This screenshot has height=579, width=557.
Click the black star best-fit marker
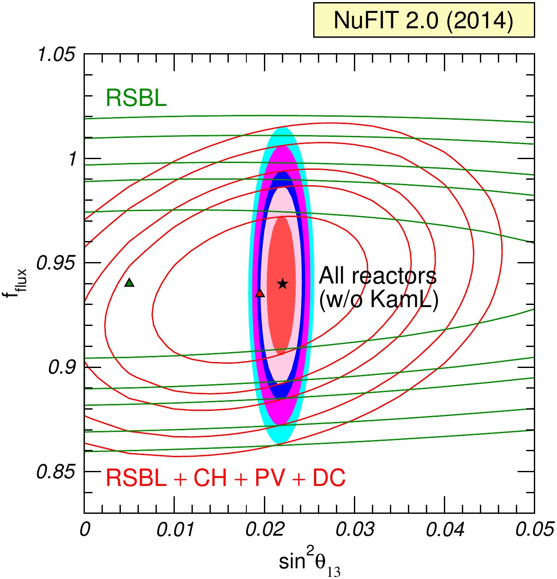pos(283,284)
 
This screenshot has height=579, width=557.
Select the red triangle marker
pos(260,293)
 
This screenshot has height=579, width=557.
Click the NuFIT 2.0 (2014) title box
pos(424,20)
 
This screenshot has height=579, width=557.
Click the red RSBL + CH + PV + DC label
pos(226,477)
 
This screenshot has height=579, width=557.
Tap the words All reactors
pos(378,276)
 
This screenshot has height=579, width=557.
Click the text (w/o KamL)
pos(378,302)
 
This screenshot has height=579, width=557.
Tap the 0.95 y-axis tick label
pos(55,263)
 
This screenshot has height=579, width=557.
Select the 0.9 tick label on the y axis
pos(61,368)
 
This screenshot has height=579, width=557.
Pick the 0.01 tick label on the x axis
pos(175,530)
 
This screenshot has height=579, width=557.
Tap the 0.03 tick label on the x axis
pos(355,530)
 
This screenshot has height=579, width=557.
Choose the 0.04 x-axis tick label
pos(445,530)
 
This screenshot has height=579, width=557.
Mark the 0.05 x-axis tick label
pos(535,530)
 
